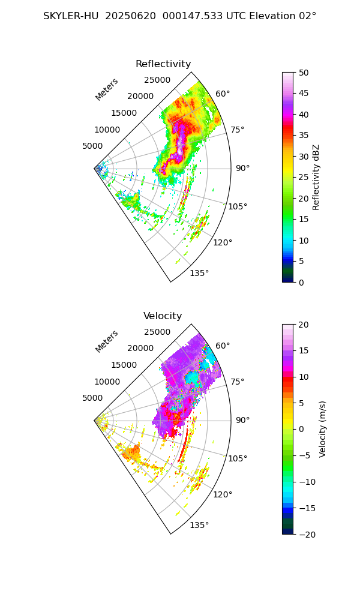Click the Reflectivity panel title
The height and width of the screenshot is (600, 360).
tap(163, 64)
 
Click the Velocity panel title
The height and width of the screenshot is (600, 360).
tap(163, 316)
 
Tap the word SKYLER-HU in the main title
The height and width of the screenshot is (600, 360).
tap(71, 16)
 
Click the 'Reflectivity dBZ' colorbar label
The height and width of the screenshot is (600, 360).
tap(316, 177)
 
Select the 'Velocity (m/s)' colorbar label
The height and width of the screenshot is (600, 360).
tap(322, 429)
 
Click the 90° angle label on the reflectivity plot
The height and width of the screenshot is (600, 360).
tap(242, 169)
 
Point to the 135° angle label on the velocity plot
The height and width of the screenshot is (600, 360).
tap(199, 526)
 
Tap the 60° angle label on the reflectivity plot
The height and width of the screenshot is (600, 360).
tap(223, 94)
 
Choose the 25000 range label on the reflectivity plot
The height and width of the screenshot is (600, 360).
tap(157, 80)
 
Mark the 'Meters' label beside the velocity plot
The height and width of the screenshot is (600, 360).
tap(107, 341)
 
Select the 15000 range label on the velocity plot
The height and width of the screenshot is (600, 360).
tap(124, 365)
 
